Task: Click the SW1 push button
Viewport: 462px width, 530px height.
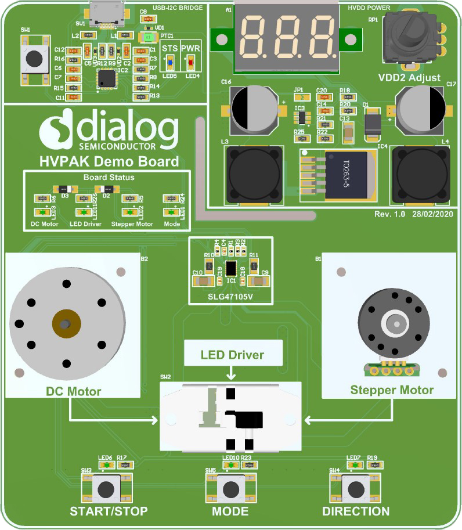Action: click(x=34, y=58)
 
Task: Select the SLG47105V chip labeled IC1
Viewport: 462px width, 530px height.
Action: click(x=231, y=268)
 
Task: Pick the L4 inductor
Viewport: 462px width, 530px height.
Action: click(x=421, y=174)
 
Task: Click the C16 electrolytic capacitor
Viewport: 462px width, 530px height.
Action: click(x=254, y=109)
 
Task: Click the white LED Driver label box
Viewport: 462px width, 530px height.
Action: click(x=232, y=354)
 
